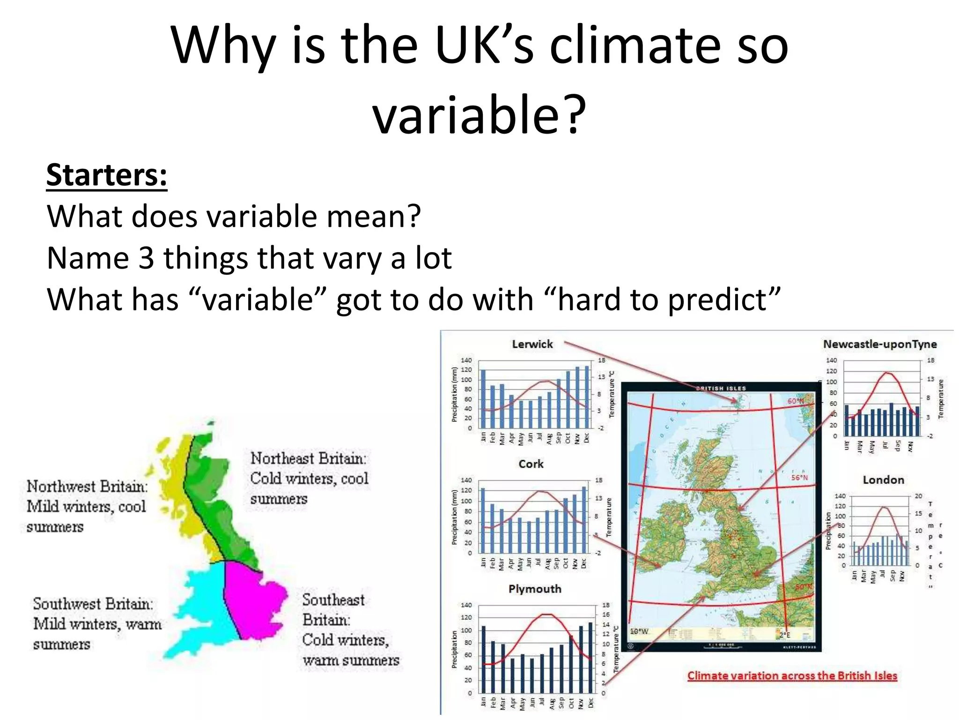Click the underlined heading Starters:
coord(107,175)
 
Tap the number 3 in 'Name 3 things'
coord(146,258)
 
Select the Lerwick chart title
coord(532,345)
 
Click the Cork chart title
coord(531,464)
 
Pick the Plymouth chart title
coord(535,589)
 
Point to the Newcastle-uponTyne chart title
coord(880,345)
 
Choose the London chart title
coord(883,480)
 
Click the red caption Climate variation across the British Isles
coord(792,676)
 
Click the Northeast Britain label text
coord(309,458)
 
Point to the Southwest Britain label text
coord(93,604)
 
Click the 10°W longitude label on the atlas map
coord(639,631)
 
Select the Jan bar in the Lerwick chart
coord(483,398)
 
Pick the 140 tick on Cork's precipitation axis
coord(466,480)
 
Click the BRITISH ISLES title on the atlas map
coord(721,389)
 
